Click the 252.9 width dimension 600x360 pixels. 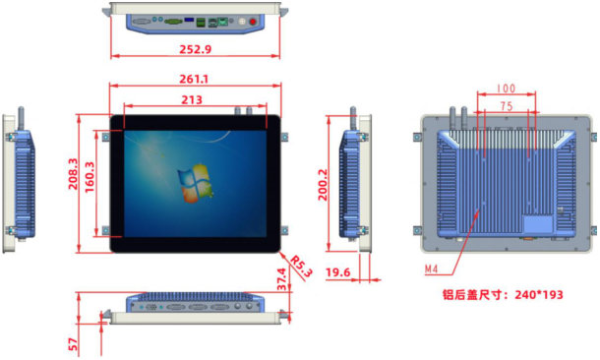(x=195, y=49)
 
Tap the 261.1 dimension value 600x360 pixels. (x=194, y=80)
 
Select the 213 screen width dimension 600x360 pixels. (x=192, y=100)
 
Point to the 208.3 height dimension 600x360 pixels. (x=73, y=174)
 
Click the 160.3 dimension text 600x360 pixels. (x=90, y=177)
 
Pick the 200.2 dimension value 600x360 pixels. (x=323, y=185)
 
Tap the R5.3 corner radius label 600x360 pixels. (x=301, y=267)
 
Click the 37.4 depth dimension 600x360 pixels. (x=281, y=279)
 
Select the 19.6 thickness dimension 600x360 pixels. (x=338, y=272)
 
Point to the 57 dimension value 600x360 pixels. (x=73, y=344)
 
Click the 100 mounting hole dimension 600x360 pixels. (x=506, y=89)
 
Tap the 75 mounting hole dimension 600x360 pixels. (x=507, y=106)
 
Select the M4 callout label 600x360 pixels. (x=431, y=270)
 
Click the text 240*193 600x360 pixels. (x=539, y=294)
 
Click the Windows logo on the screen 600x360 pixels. (x=195, y=183)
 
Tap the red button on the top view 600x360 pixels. (x=253, y=22)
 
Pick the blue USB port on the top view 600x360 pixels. (x=189, y=19)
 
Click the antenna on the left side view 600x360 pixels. (x=21, y=119)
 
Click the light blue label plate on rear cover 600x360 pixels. (x=538, y=224)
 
